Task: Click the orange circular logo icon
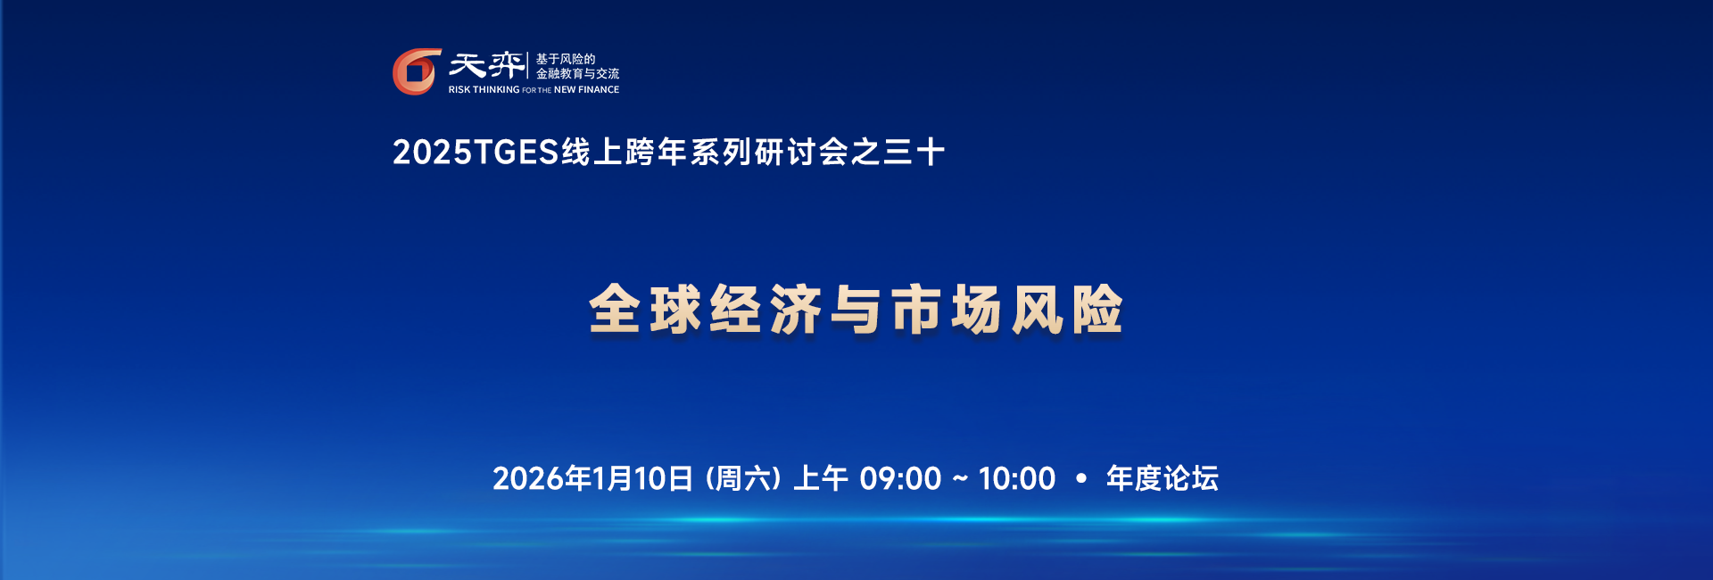417,71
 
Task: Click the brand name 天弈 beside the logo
486,65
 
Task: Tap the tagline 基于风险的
565,59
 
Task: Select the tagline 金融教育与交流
577,74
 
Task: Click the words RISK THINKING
484,90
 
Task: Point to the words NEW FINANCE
586,90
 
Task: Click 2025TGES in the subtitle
476,153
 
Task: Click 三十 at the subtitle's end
914,153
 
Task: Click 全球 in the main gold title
644,311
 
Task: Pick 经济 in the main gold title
765,311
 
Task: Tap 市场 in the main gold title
947,311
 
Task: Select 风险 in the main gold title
1067,311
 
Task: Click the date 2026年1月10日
592,479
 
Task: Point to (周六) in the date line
743,479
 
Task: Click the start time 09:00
900,479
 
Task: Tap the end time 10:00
1017,479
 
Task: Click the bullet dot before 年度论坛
1081,479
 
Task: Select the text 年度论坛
1162,479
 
